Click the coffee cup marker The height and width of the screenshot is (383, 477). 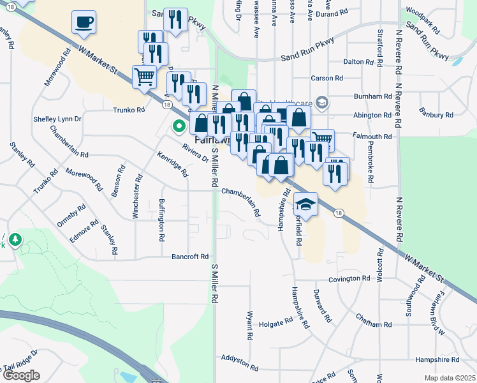tap(84, 23)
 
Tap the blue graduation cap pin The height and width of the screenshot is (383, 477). tap(306, 205)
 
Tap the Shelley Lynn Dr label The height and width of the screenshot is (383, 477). tap(57, 119)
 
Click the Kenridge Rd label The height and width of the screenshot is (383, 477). tap(173, 164)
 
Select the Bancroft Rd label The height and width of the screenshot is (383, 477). tap(190, 257)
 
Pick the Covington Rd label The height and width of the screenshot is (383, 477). tap(349, 278)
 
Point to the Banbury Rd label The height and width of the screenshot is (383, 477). tap(436, 115)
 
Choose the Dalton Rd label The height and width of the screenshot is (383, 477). tap(358, 62)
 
